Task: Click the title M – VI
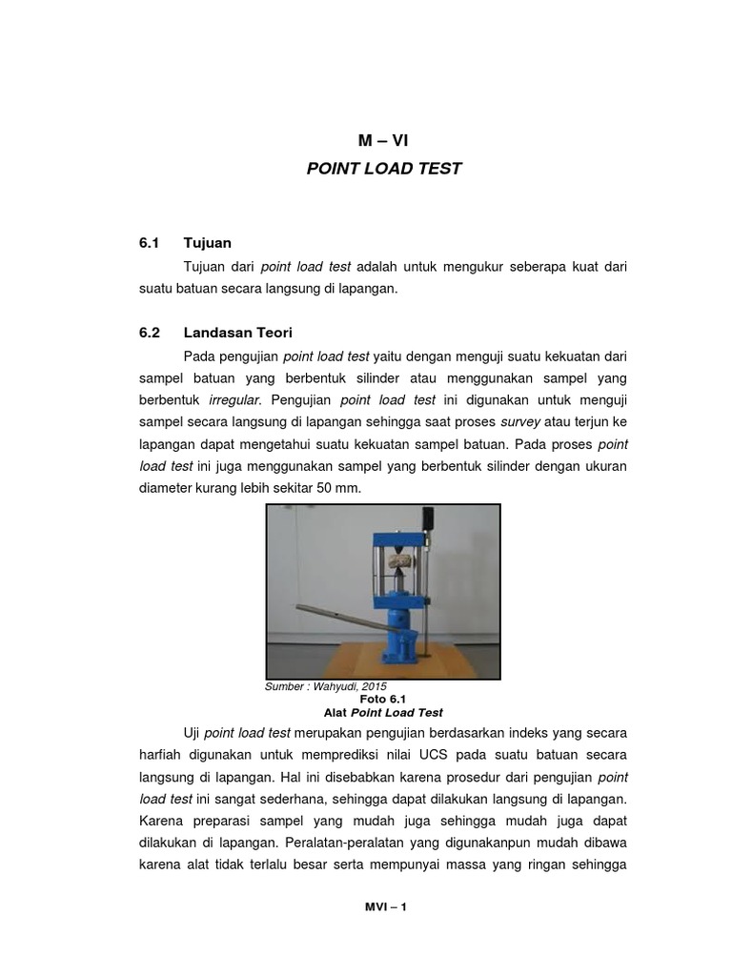[x=382, y=140]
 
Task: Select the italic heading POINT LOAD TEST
[x=383, y=169]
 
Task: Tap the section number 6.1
[x=149, y=243]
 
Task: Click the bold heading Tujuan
[x=208, y=243]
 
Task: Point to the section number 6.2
[x=149, y=333]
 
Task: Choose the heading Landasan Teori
[x=238, y=333]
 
